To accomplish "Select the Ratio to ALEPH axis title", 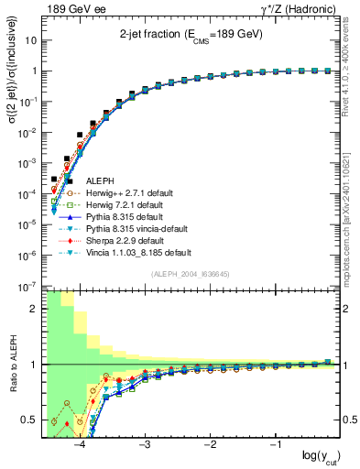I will [11, 365].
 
